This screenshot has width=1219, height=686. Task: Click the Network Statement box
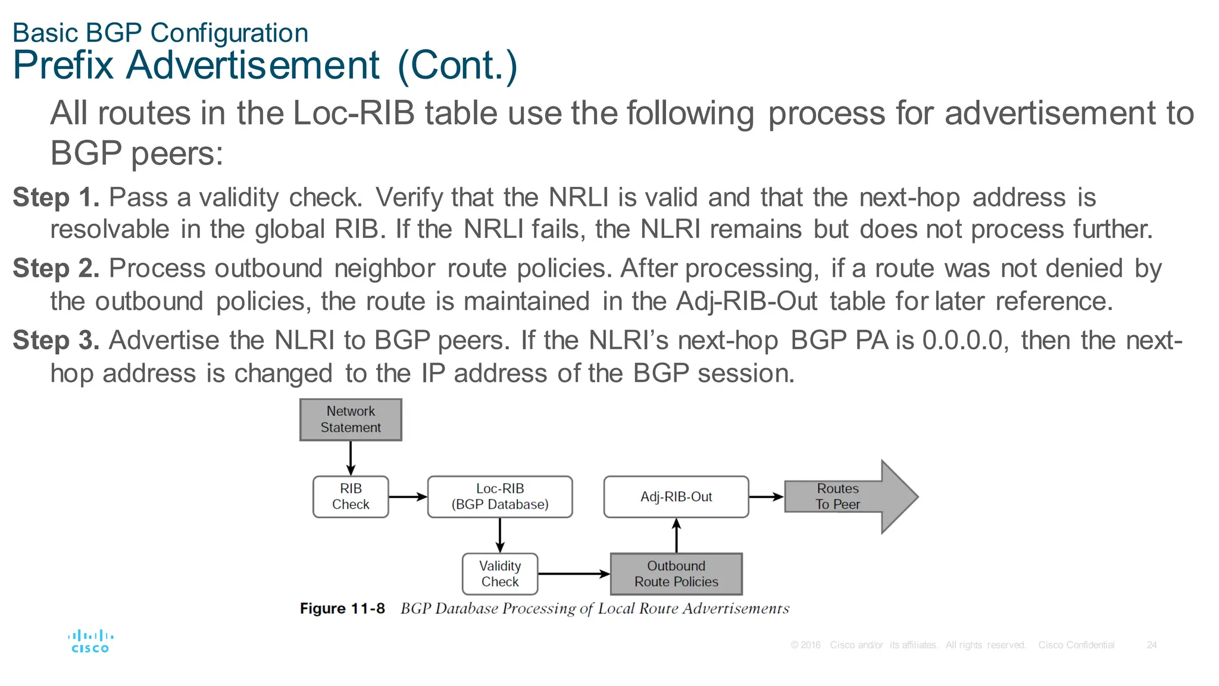point(351,419)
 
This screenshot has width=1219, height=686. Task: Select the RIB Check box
point(351,497)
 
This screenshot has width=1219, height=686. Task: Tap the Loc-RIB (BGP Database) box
point(500,497)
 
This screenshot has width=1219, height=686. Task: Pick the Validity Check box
point(500,574)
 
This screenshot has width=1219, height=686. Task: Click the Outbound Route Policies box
point(676,574)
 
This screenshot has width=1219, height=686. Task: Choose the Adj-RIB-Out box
point(676,497)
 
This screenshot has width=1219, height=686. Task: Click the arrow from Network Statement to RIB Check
point(351,458)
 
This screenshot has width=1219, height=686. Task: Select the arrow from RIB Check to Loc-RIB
point(408,497)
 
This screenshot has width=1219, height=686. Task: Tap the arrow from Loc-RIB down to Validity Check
point(500,535)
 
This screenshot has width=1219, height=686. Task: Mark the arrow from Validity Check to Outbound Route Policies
point(574,574)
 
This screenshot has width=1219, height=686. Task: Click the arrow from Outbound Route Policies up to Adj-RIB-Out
point(676,535)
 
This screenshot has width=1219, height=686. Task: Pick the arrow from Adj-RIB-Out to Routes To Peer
point(766,497)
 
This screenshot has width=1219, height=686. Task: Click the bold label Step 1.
point(56,198)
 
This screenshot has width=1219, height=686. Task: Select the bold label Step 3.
point(56,340)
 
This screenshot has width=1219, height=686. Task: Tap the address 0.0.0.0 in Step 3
point(962,340)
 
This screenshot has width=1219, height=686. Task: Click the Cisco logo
point(90,641)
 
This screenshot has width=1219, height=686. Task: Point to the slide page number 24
point(1152,645)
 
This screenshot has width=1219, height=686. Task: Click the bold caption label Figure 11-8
point(342,609)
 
